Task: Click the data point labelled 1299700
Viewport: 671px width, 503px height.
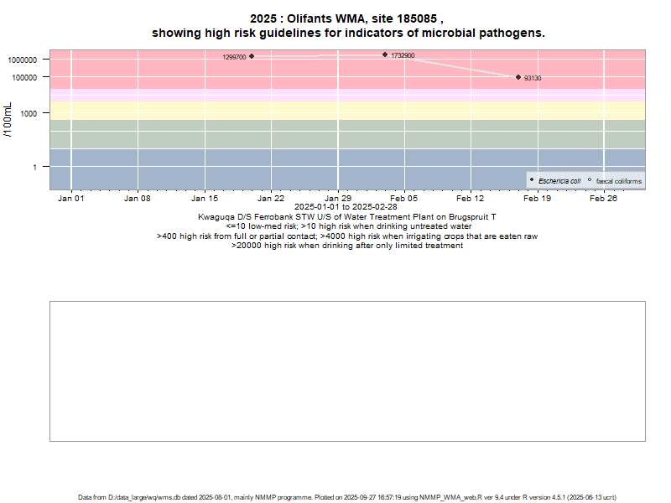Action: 252,56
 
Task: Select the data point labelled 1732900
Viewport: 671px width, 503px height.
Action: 385,54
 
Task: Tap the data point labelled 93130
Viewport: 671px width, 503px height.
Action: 518,77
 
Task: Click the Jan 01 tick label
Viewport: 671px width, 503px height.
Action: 71,199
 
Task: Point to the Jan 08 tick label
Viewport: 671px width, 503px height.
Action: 138,199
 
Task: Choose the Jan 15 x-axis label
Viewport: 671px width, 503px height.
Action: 205,199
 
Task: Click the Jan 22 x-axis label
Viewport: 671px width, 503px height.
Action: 271,199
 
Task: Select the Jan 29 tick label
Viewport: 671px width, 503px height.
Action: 338,199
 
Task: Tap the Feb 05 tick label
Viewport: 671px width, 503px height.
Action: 404,199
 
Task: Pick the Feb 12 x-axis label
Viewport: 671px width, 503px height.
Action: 471,199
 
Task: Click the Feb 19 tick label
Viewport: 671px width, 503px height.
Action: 538,199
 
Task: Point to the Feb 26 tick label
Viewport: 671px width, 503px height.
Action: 604,199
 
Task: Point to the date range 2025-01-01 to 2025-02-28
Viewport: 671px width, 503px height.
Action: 346,206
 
